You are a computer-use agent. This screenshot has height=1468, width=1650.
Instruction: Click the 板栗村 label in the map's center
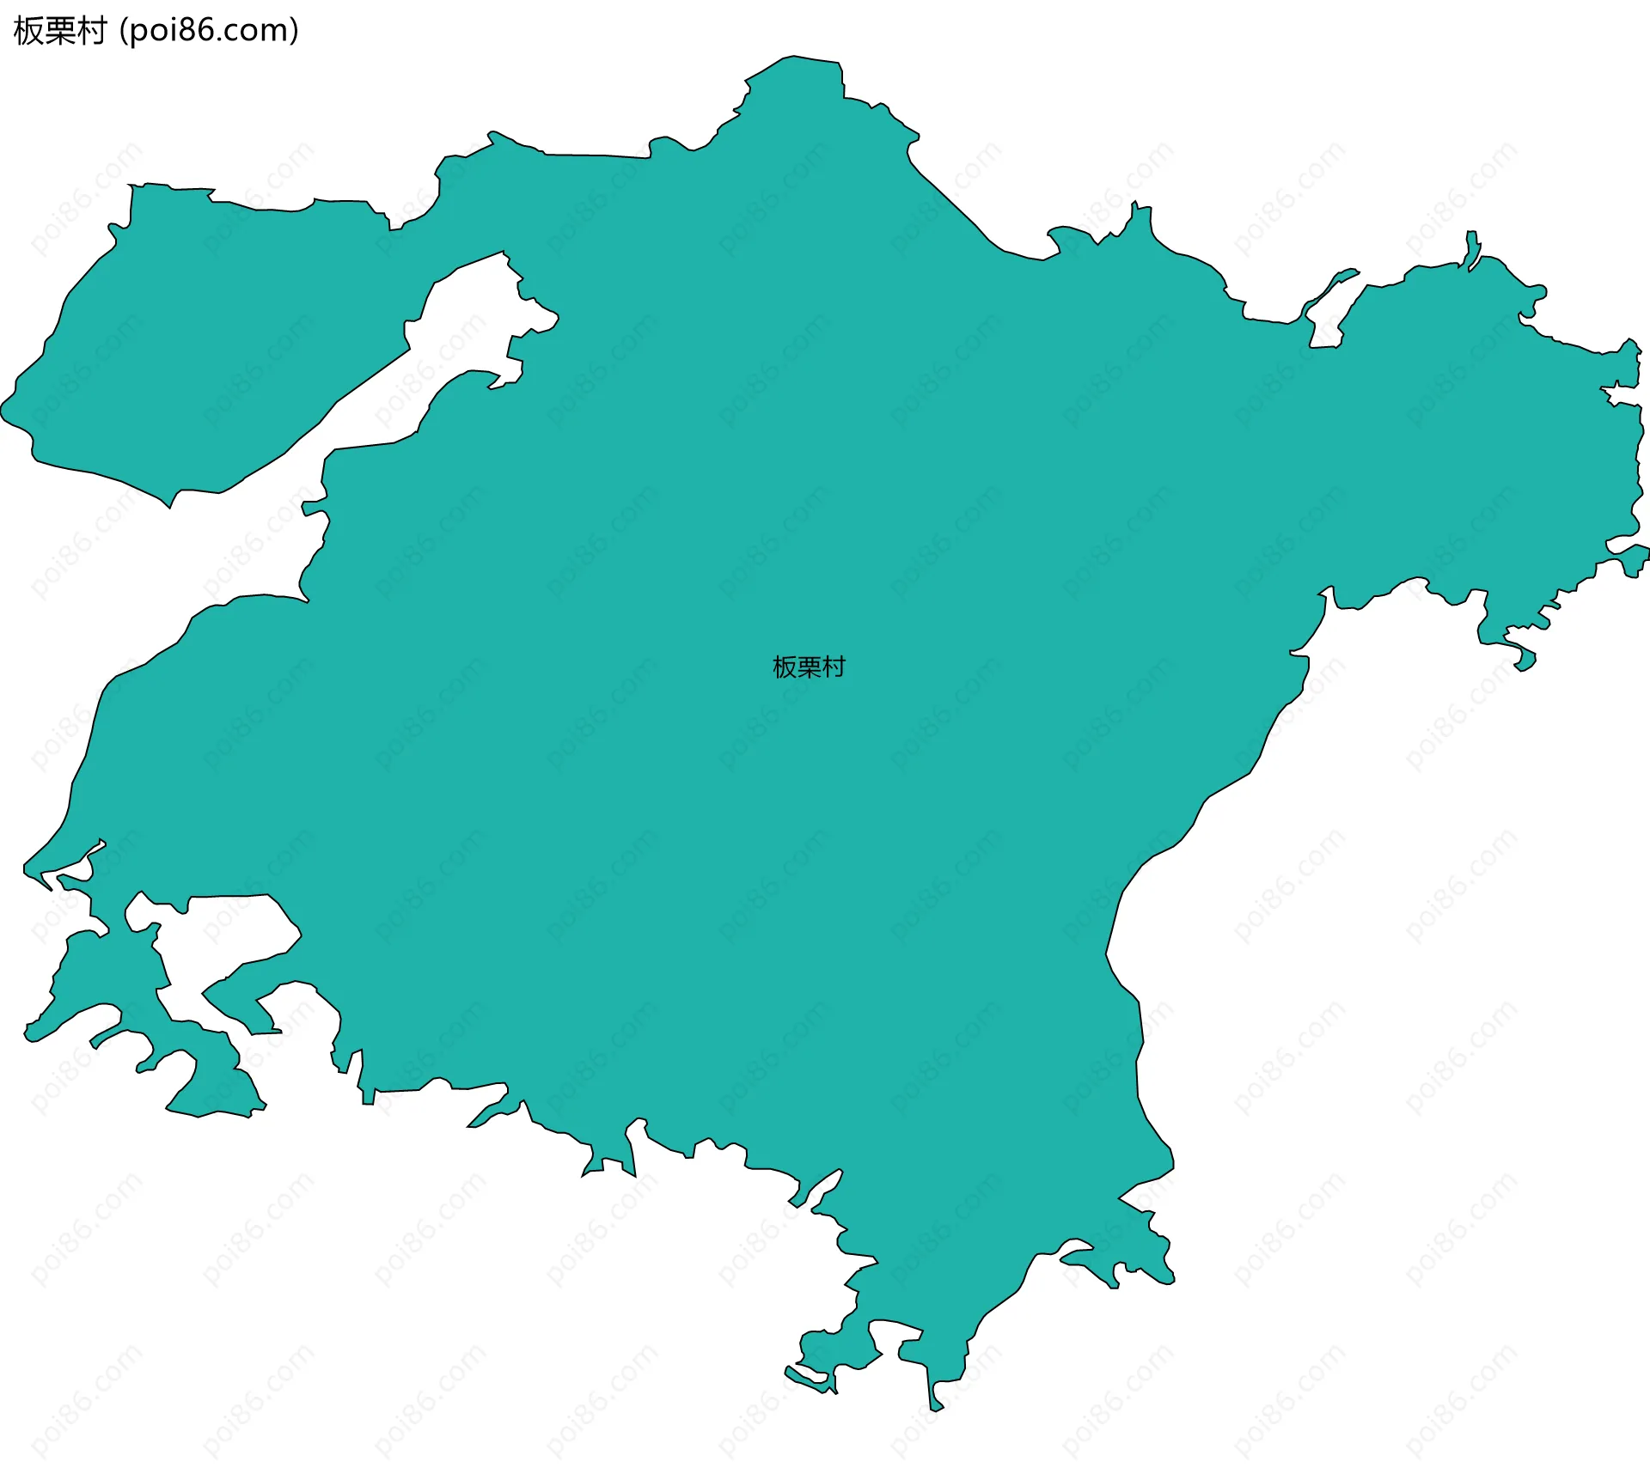(x=809, y=667)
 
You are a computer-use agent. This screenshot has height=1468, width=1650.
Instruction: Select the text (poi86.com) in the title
(x=209, y=31)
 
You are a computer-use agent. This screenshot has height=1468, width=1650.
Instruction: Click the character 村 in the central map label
(x=834, y=667)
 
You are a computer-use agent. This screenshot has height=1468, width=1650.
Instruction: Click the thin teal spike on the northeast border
(x=1473, y=246)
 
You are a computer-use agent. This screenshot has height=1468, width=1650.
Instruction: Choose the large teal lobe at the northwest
(x=198, y=344)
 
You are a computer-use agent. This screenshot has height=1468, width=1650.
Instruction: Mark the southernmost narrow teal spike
(x=934, y=1400)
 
